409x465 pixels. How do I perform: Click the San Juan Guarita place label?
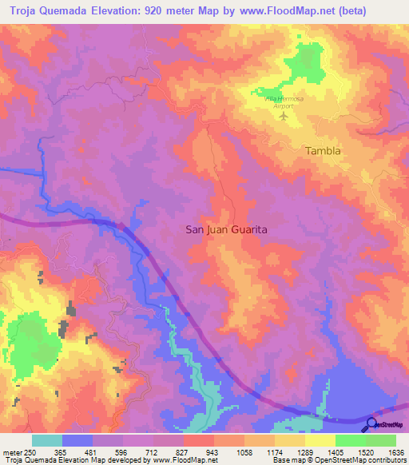coord(226,229)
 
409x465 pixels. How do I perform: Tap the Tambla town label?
coord(323,150)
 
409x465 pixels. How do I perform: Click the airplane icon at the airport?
coord(284,117)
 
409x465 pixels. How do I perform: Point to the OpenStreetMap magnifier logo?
coord(371,424)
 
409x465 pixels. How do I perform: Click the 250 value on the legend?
coord(31,451)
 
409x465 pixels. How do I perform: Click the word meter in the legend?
coord(12,451)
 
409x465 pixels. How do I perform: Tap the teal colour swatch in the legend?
coord(46,440)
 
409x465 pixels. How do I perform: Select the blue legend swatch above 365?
coord(77,440)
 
